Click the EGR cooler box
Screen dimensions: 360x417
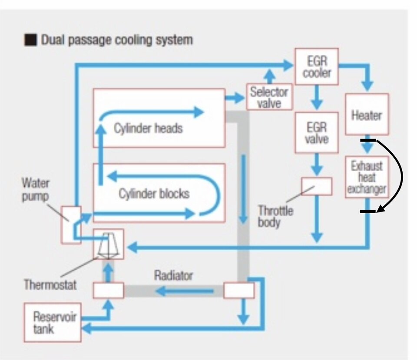317,66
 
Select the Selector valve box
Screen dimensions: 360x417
269,97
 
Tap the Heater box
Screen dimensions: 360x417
367,115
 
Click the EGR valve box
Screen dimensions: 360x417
317,132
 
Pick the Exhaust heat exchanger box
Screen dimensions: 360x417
367,178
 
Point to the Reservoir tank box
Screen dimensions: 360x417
52,322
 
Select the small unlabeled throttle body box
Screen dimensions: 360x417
317,186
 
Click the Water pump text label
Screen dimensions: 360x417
36,189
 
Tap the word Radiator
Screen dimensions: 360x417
173,275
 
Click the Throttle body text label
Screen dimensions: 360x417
275,217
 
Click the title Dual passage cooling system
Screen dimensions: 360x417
116,40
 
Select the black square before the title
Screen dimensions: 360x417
30,40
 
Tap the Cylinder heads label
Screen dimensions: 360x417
148,128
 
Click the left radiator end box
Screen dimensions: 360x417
108,290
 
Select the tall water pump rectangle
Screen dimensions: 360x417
70,225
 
